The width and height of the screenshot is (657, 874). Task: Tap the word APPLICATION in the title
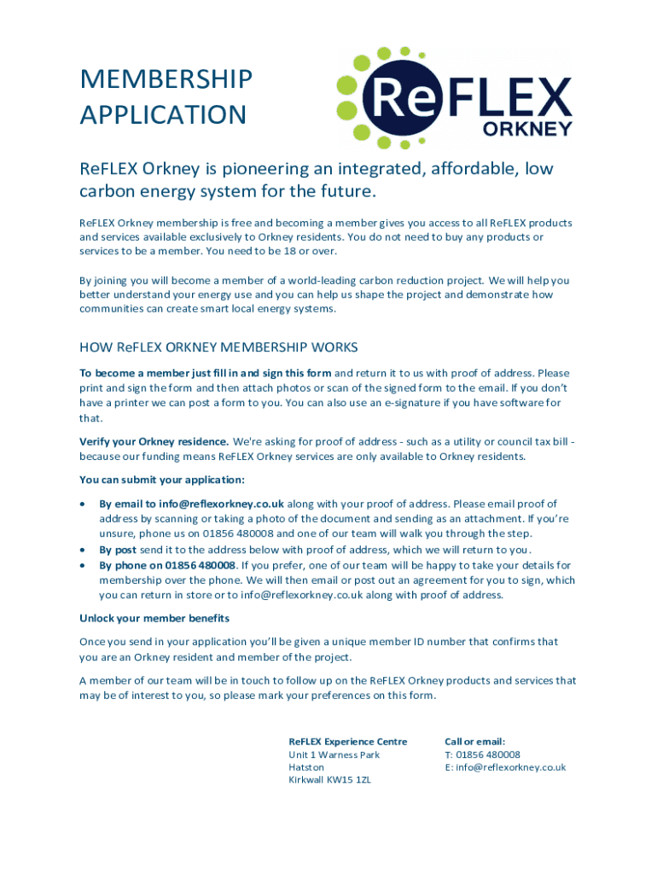coord(163,114)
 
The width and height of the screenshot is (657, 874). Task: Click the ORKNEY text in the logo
coord(527,129)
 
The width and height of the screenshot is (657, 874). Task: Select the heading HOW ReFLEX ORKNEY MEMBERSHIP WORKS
coord(218,347)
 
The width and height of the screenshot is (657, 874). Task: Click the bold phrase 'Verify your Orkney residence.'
coord(154,441)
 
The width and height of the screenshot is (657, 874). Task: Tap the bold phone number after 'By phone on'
coord(201,565)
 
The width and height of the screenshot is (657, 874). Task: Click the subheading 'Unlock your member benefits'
coord(154,618)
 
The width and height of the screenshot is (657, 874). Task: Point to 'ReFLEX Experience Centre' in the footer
coord(348,741)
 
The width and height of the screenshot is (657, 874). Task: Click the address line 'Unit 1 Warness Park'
coord(334,755)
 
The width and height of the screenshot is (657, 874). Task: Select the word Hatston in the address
coord(306,767)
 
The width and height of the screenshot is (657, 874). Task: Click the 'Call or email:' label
coord(475,741)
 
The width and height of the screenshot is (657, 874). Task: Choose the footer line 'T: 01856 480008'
coord(482,755)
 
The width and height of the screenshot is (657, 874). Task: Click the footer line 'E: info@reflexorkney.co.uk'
coord(505,767)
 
